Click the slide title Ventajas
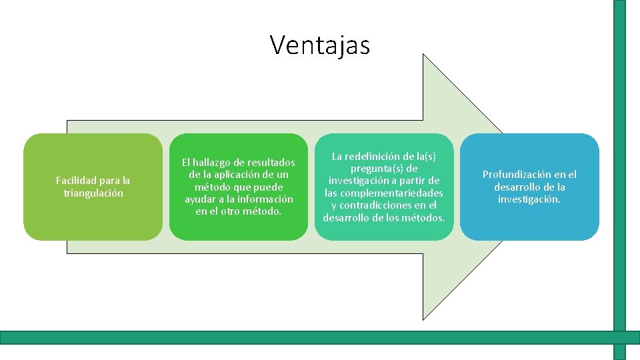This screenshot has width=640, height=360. [x=319, y=45]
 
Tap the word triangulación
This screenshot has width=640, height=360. [x=93, y=193]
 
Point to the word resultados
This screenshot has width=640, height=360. [x=270, y=163]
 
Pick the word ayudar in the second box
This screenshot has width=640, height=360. [x=200, y=199]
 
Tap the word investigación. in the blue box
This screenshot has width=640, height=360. [x=529, y=199]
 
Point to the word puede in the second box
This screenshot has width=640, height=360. [x=269, y=187]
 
